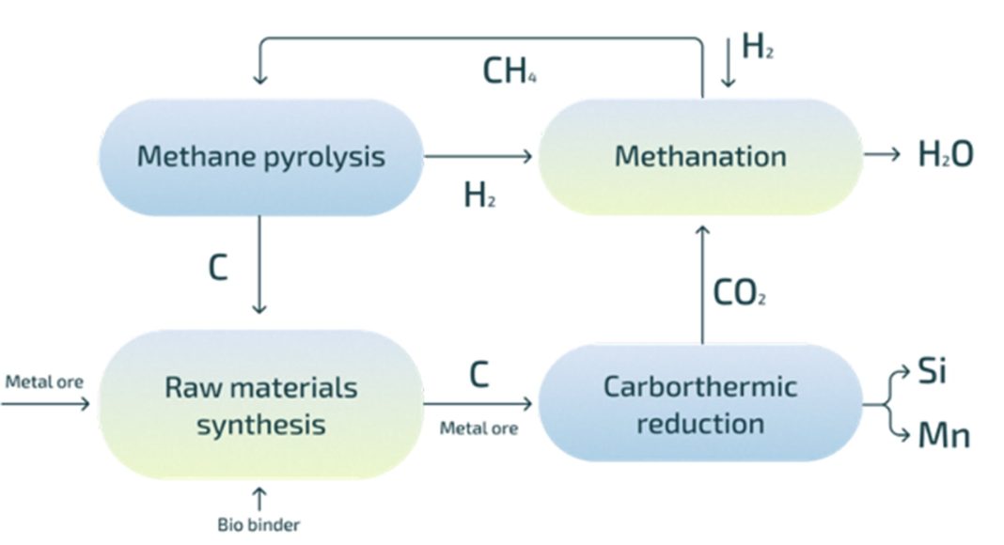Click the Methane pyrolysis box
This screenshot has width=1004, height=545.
click(x=260, y=157)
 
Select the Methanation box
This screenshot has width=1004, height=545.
click(x=699, y=157)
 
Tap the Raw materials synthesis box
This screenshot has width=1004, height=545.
click(x=260, y=404)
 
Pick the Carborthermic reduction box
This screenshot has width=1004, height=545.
click(x=699, y=403)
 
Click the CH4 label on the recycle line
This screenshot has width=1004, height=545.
click(x=509, y=70)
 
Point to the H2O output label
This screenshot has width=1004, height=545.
click(x=946, y=154)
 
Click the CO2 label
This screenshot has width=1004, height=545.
click(x=740, y=293)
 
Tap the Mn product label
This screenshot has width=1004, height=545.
click(x=944, y=435)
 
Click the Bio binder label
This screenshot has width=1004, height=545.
click(x=259, y=525)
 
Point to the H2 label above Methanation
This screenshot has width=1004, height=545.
click(x=758, y=46)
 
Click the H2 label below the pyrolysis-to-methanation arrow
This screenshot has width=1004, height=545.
click(x=479, y=195)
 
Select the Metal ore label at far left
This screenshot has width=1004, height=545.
click(x=44, y=381)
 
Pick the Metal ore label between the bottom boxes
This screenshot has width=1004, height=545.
click(x=478, y=428)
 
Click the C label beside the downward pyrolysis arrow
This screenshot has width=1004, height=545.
click(x=218, y=268)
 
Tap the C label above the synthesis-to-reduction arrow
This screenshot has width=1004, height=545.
click(x=478, y=375)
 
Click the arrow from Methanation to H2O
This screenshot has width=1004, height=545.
click(x=882, y=154)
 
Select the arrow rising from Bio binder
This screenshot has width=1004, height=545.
click(x=259, y=499)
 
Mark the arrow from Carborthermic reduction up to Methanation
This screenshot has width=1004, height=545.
click(x=702, y=285)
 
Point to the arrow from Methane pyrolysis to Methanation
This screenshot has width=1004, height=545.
click(x=478, y=155)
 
